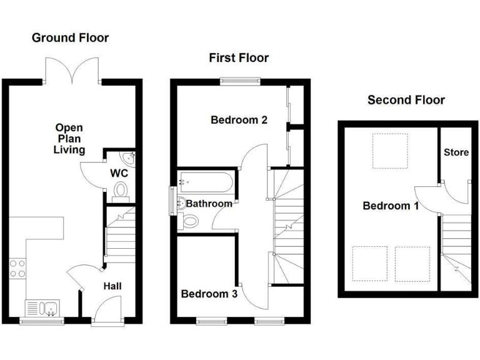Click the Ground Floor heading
70,38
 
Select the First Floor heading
239,58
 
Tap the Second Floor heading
406,100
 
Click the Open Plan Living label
69,138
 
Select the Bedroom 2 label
239,120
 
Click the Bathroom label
209,203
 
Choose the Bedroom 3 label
209,293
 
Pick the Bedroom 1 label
391,206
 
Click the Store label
456,152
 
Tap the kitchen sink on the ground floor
42,307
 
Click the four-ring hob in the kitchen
17,269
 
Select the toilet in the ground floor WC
121,189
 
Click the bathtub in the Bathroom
206,182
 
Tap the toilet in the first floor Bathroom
191,221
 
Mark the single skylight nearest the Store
391,151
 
